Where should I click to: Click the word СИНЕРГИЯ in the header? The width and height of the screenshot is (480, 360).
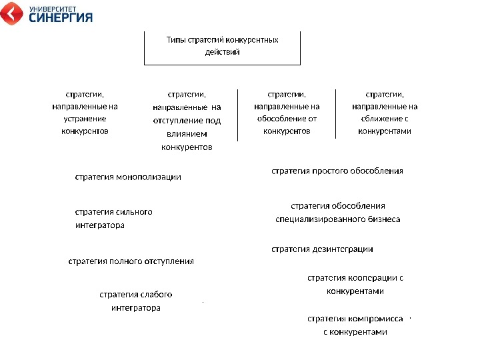point(61,18)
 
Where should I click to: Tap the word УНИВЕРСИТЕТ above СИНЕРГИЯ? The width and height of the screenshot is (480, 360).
point(53,8)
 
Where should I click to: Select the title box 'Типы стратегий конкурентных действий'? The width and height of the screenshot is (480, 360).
point(222,46)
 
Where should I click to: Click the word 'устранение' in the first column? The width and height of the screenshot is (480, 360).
point(85,119)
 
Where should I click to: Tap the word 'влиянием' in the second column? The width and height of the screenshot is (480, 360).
point(187,134)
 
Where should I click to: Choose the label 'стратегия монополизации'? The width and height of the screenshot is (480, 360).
point(128,177)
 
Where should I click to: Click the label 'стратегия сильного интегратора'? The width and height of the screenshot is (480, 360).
point(113,219)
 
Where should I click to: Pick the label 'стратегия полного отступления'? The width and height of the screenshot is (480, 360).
point(131,261)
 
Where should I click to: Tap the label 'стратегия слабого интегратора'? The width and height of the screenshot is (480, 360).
point(136,301)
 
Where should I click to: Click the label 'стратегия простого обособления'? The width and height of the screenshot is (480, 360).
point(337,171)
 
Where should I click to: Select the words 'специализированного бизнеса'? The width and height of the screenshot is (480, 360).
point(338,219)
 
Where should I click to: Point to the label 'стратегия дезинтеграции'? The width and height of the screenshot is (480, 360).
point(322,249)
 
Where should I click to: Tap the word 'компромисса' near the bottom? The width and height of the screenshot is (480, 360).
point(378,319)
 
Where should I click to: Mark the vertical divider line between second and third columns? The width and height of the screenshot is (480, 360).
point(238,114)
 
